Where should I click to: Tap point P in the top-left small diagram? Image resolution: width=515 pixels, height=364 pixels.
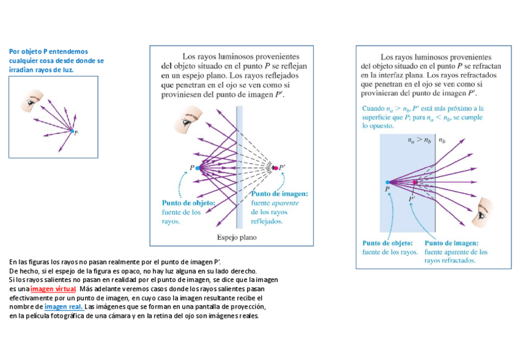72,131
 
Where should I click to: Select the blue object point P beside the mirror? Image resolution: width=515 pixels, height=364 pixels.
197,168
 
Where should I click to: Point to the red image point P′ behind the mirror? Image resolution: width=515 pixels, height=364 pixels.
275,168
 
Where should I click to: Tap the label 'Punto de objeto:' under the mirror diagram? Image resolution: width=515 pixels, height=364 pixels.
188,203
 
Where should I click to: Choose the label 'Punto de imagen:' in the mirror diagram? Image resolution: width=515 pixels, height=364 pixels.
279,194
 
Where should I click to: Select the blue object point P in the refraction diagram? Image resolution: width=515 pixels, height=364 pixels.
387,182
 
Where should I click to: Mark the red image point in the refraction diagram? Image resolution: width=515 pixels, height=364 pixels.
415,182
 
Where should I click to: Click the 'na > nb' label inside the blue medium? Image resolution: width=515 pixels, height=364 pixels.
419,140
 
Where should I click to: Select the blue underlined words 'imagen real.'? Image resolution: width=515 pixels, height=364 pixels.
63,307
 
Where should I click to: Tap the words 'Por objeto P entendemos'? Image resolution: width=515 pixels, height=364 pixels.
48,52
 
